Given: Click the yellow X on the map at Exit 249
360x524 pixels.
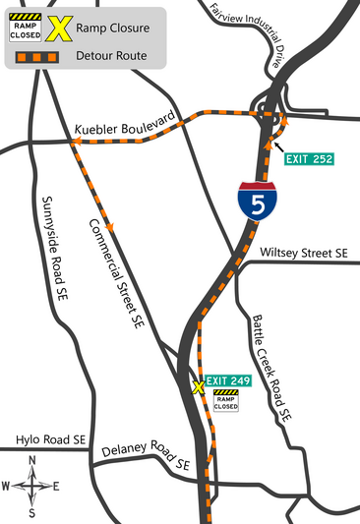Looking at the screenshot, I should pyautogui.click(x=198, y=387).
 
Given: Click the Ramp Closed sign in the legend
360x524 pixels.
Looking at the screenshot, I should pyautogui.click(x=25, y=27).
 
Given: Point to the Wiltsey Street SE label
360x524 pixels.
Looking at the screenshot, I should pyautogui.click(x=303, y=253).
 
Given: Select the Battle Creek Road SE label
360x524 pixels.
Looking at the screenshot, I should pyautogui.click(x=269, y=368).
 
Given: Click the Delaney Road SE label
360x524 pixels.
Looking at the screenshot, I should pyautogui.click(x=146, y=455).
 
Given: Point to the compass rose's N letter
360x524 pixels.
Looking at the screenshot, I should pyautogui.click(x=32, y=461).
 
